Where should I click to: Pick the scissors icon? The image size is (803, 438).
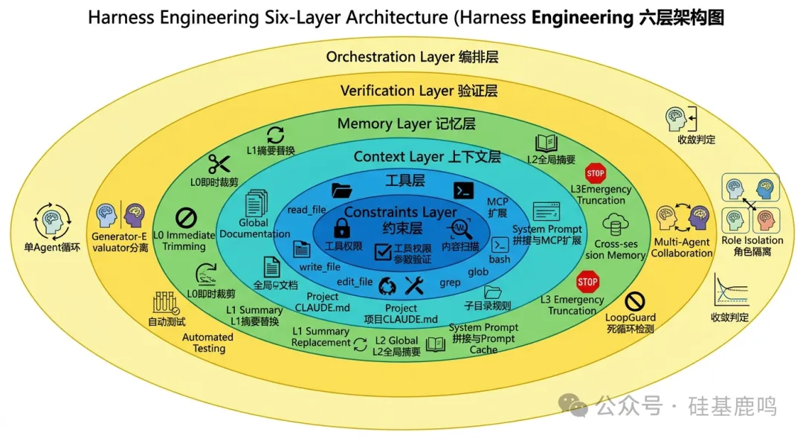[219, 164]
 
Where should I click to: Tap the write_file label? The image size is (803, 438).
[320, 266]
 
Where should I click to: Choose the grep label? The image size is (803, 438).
[450, 283]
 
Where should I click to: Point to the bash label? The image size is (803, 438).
[500, 260]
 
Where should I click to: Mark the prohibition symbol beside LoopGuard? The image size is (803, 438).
[634, 301]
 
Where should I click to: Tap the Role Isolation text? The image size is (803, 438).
[752, 240]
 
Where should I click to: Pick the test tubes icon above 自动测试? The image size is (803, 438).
[166, 303]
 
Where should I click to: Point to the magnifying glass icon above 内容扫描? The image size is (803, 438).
[461, 228]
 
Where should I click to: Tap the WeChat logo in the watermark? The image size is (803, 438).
[574, 405]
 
